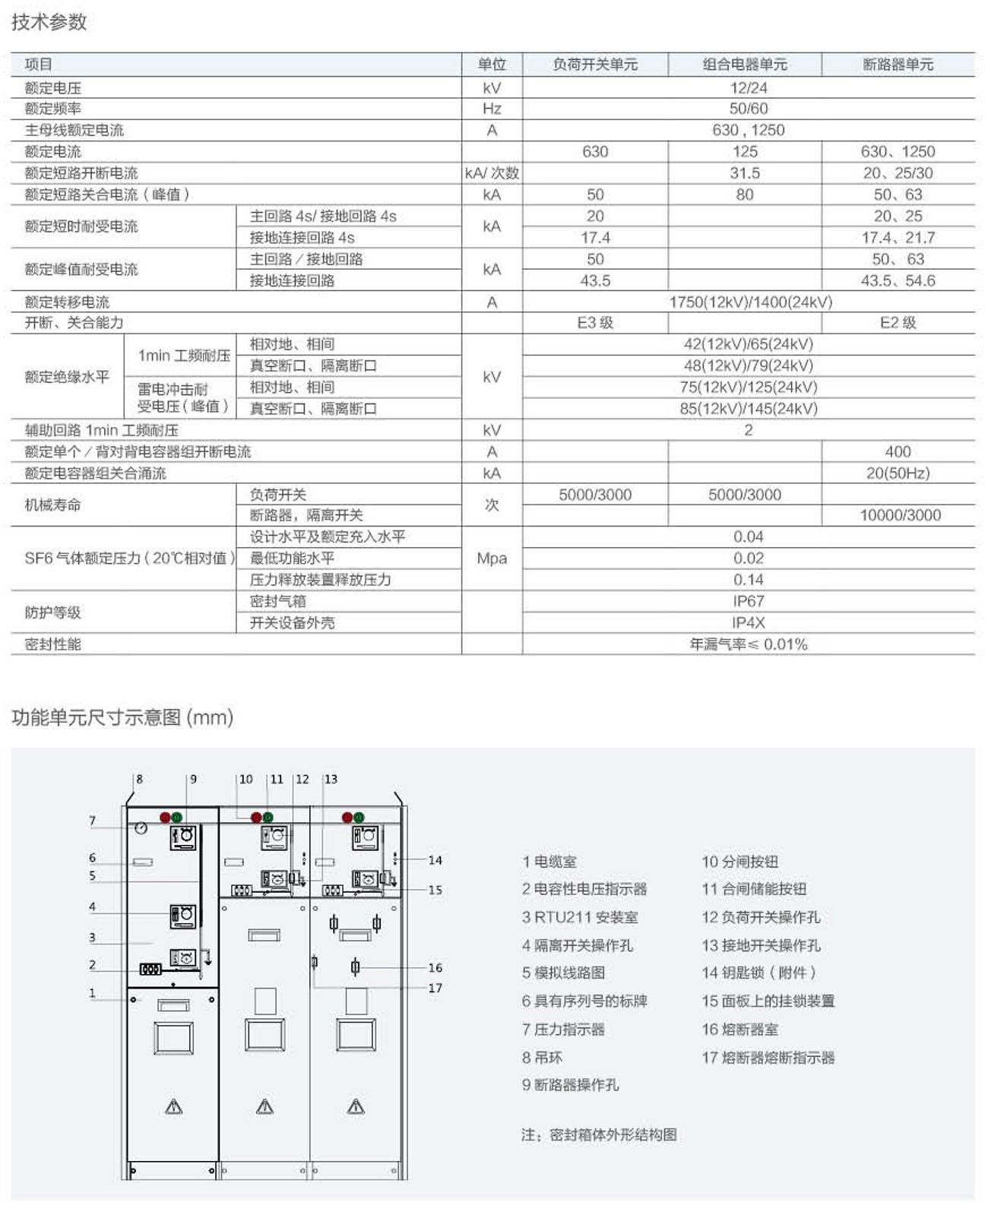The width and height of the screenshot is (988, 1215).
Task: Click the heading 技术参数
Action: [x=49, y=22]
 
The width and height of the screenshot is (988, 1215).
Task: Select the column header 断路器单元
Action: [x=898, y=65]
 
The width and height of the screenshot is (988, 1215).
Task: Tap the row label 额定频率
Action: [x=53, y=109]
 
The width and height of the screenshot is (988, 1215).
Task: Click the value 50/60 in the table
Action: [x=748, y=109]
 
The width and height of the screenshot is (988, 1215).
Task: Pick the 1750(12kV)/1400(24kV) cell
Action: [x=750, y=302]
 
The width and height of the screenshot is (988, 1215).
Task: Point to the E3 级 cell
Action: [x=595, y=323]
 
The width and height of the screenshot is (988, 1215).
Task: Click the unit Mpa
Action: [x=492, y=558]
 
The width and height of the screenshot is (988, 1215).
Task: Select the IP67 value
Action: [x=748, y=601]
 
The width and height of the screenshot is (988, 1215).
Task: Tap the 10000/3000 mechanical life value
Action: [x=900, y=515]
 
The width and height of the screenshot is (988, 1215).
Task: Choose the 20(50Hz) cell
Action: [x=898, y=473]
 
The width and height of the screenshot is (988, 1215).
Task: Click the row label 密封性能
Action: [x=53, y=644]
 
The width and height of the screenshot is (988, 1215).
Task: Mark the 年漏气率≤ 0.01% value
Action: [x=748, y=644]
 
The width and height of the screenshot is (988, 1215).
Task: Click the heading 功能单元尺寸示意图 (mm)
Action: [x=122, y=717]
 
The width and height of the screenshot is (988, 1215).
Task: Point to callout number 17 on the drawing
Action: [x=435, y=988]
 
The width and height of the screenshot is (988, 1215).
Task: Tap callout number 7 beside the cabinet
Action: [x=93, y=821]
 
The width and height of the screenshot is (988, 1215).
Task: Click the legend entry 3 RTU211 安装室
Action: [x=580, y=917]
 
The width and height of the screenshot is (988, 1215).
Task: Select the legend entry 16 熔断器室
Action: [x=739, y=1030]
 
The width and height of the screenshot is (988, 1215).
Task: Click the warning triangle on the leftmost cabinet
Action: [x=174, y=1106]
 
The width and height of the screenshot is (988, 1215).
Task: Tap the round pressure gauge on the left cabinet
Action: [x=141, y=828]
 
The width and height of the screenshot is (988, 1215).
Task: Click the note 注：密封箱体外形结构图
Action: [x=599, y=1134]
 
